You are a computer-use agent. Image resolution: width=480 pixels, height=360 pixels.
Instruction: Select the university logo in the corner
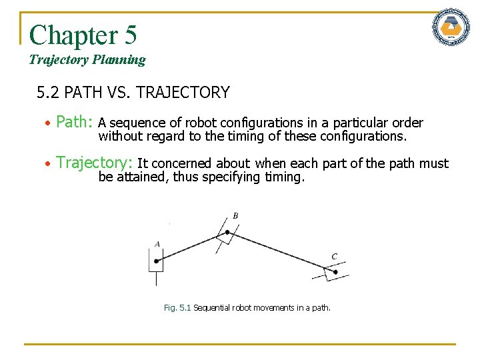[x=451, y=28]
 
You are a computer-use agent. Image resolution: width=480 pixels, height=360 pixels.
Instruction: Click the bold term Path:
[x=74, y=123]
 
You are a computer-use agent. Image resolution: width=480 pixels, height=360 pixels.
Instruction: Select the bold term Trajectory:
[x=94, y=163]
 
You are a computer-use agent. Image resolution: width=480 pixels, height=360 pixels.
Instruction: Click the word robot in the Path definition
[x=201, y=123]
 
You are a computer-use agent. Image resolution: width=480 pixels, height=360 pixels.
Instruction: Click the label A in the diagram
[x=157, y=244]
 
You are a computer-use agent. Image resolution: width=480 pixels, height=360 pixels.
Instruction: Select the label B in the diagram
[x=235, y=215]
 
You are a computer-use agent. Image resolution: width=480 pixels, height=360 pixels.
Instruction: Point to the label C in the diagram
[x=334, y=257]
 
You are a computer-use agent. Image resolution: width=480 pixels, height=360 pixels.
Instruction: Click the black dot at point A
[x=156, y=261]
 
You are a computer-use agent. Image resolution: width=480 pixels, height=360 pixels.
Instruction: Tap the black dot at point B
[x=227, y=232]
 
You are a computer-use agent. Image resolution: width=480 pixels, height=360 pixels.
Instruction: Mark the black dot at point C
[x=335, y=272]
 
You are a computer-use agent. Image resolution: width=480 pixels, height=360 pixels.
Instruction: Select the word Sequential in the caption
[x=211, y=308]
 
